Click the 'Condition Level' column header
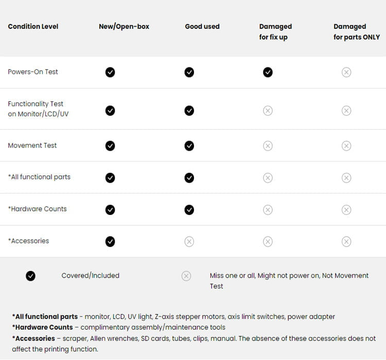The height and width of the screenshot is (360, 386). pyautogui.click(x=33, y=27)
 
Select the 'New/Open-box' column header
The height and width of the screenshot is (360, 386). pyautogui.click(x=124, y=27)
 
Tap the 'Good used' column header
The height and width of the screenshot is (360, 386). pyautogui.click(x=202, y=27)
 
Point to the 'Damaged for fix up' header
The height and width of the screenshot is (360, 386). pyautogui.click(x=275, y=32)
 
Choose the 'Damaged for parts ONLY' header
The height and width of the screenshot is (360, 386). pyautogui.click(x=356, y=32)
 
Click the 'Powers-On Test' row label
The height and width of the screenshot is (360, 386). pyautogui.click(x=33, y=72)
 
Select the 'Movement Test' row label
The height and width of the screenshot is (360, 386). pyautogui.click(x=32, y=146)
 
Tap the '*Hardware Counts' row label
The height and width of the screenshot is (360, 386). pyautogui.click(x=37, y=209)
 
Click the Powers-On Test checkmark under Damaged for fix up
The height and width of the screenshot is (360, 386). pyautogui.click(x=268, y=72)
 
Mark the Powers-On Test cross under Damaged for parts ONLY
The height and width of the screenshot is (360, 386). pyautogui.click(x=346, y=72)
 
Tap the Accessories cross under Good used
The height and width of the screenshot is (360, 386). pyautogui.click(x=189, y=242)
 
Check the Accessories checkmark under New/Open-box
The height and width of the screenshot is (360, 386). pyautogui.click(x=110, y=242)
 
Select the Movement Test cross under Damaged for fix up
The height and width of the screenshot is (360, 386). pyautogui.click(x=268, y=146)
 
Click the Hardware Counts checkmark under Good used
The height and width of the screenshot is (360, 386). pyautogui.click(x=189, y=210)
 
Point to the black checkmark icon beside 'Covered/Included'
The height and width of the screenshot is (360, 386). pyautogui.click(x=31, y=276)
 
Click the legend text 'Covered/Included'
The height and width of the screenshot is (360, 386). pyautogui.click(x=90, y=276)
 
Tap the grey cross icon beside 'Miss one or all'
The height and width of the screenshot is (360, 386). pyautogui.click(x=186, y=276)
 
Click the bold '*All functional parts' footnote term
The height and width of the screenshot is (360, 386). pyautogui.click(x=45, y=317)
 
